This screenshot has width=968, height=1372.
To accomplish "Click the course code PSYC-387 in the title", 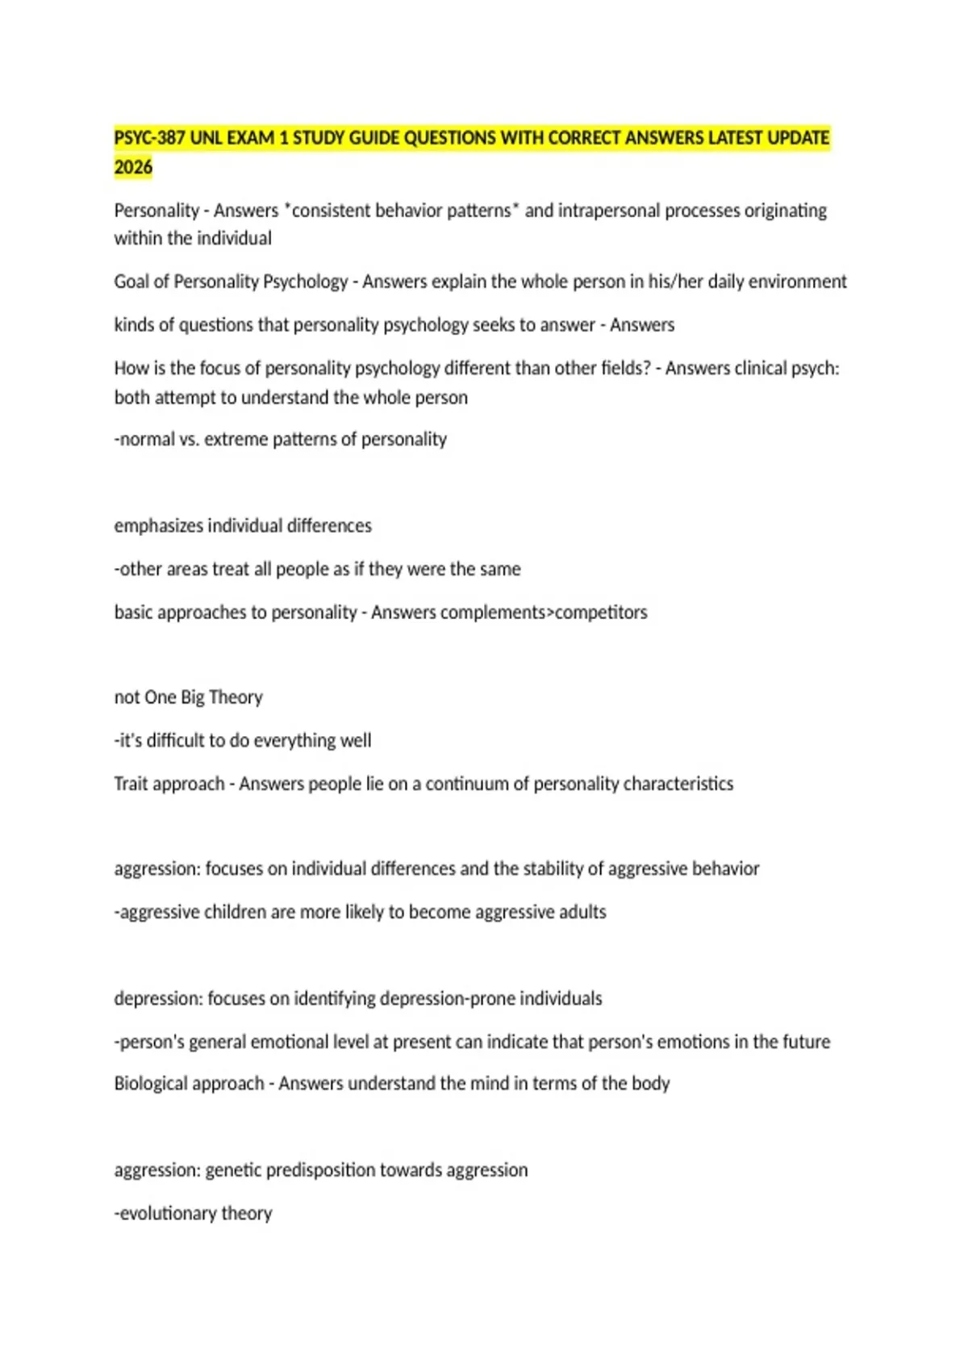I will coord(149,138).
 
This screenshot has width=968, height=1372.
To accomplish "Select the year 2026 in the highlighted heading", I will coord(133,167).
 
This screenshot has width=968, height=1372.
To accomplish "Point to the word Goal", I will coord(131,282).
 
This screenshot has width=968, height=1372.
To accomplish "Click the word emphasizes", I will coord(159,525).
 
